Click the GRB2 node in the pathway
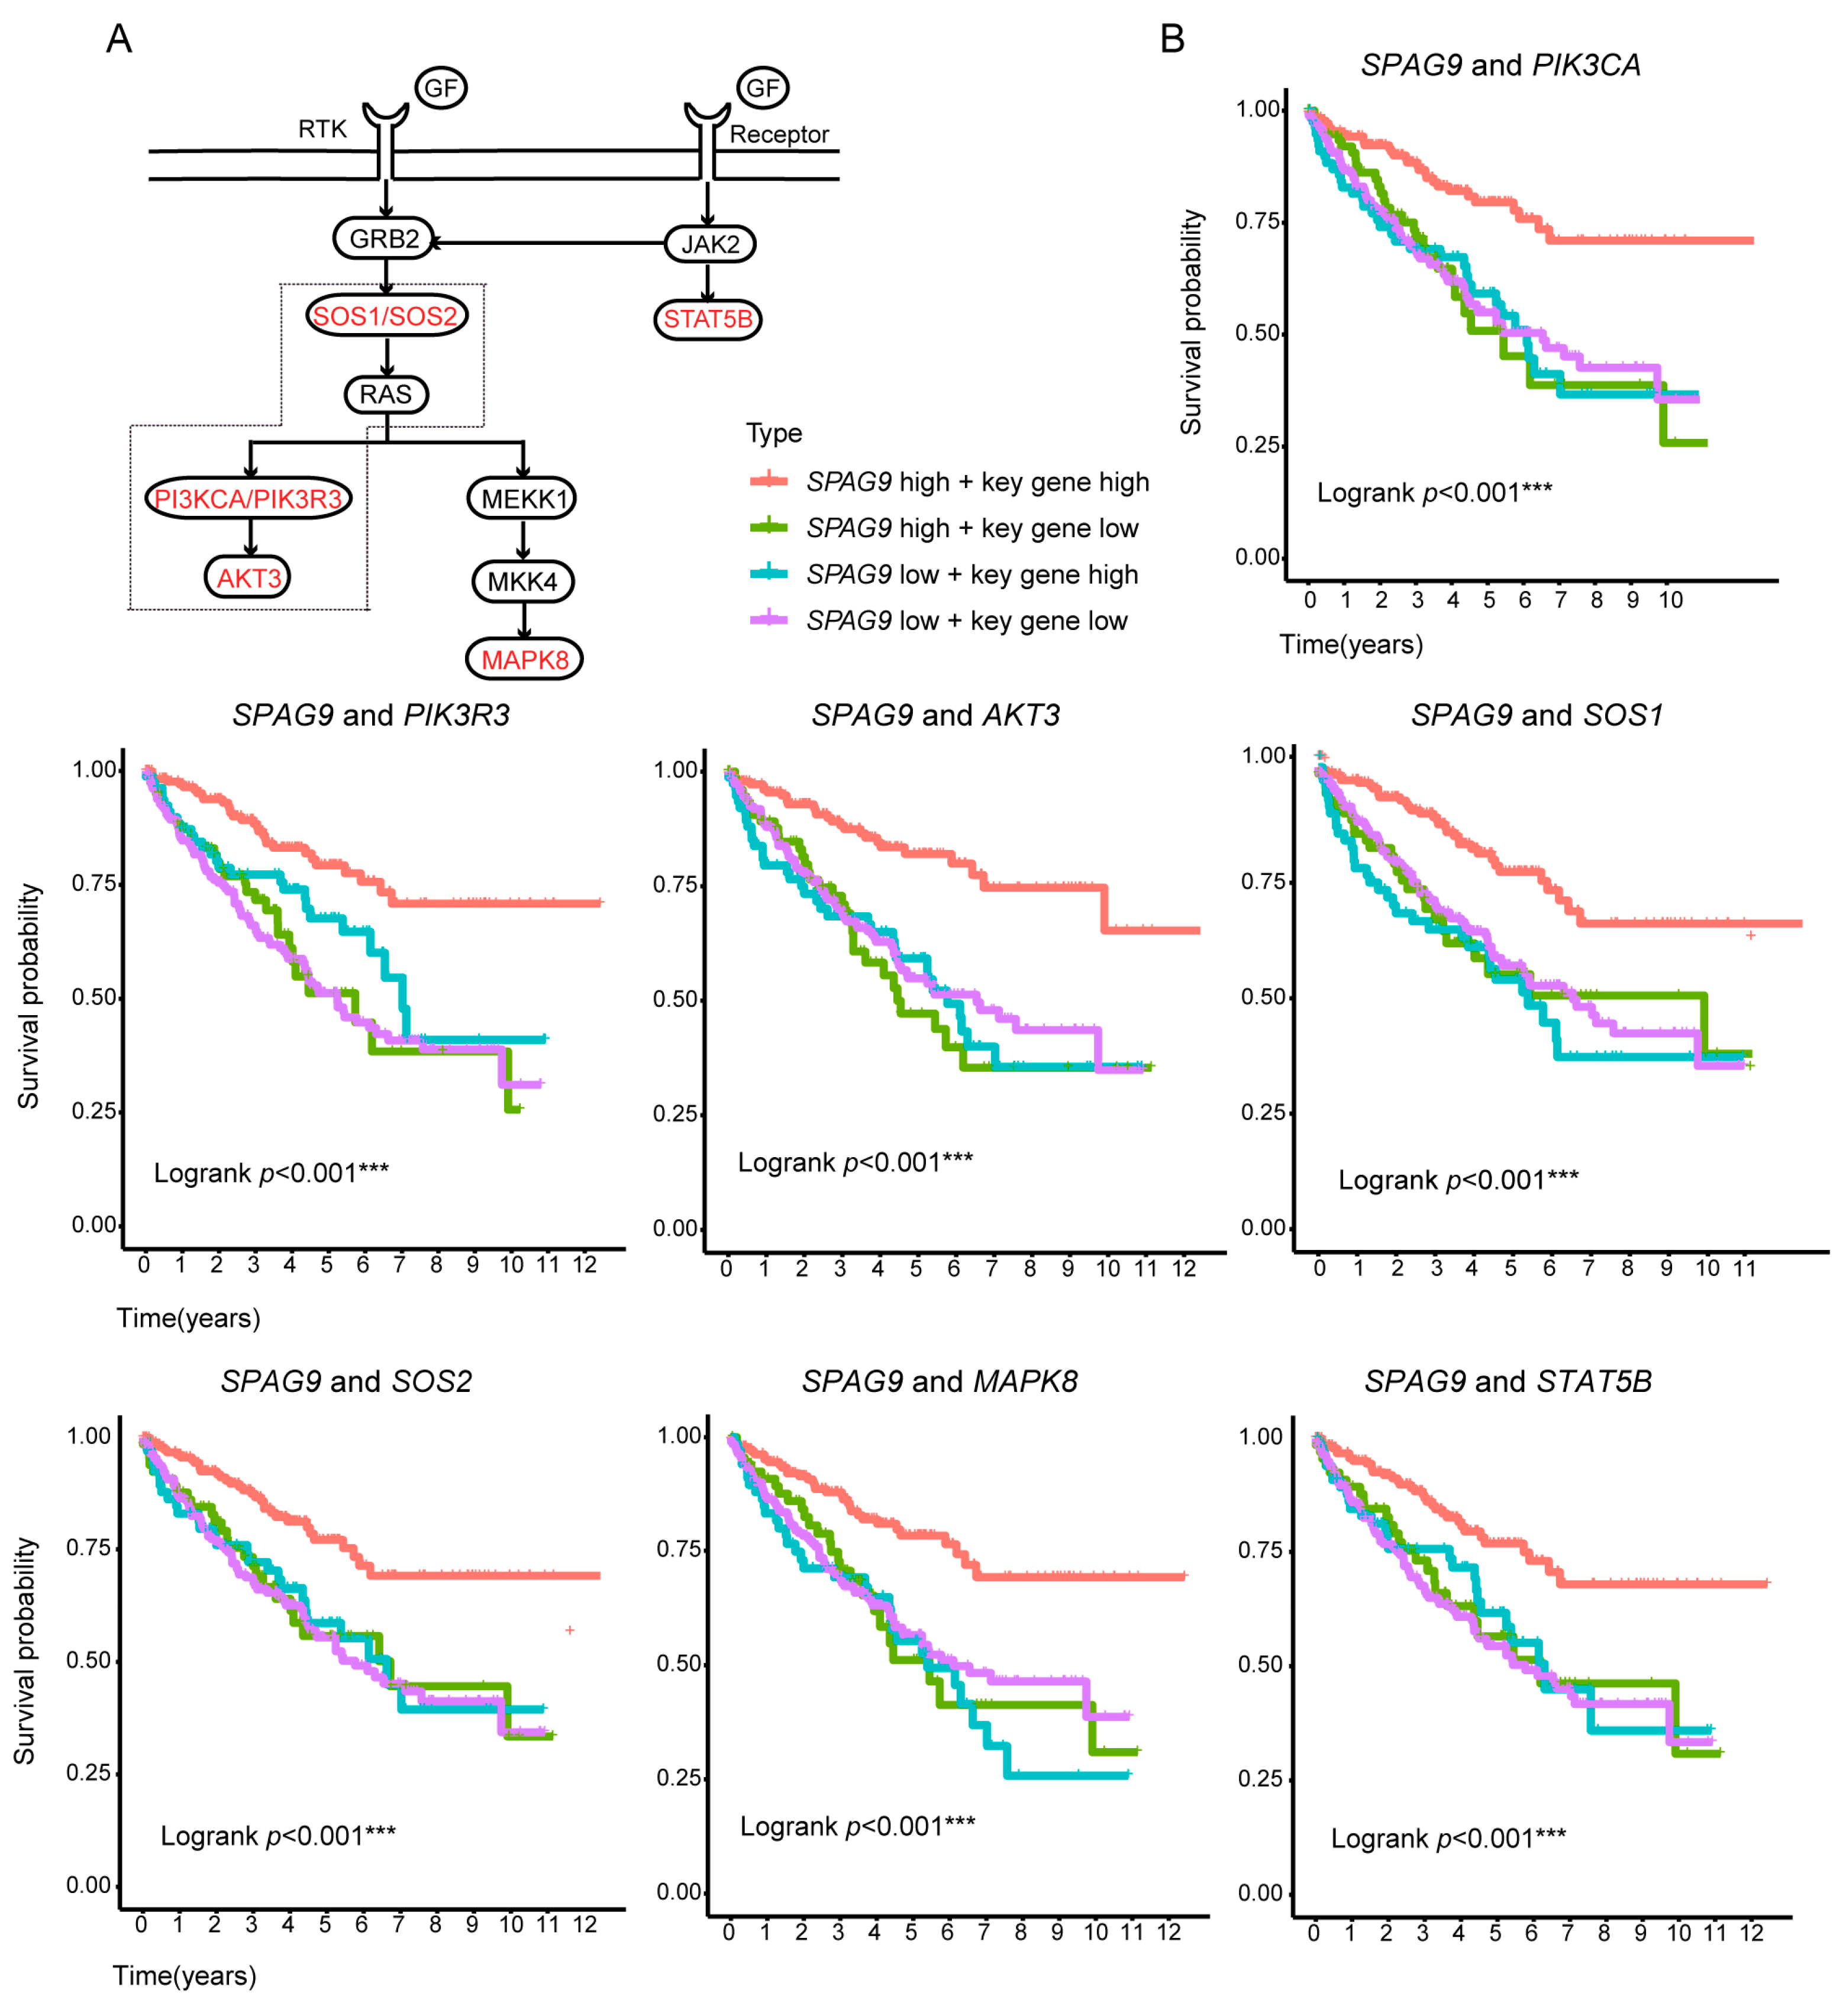(385, 238)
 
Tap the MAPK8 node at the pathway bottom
(524, 660)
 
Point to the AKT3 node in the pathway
(248, 578)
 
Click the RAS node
(386, 395)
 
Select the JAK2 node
(709, 244)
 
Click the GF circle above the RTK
(441, 88)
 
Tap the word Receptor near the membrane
(779, 135)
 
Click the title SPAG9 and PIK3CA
(1500, 65)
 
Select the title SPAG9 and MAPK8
(939, 1381)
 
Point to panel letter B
(1171, 39)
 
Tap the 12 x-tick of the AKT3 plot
(1184, 1268)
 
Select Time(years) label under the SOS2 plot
(185, 1975)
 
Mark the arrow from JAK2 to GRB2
(550, 243)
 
